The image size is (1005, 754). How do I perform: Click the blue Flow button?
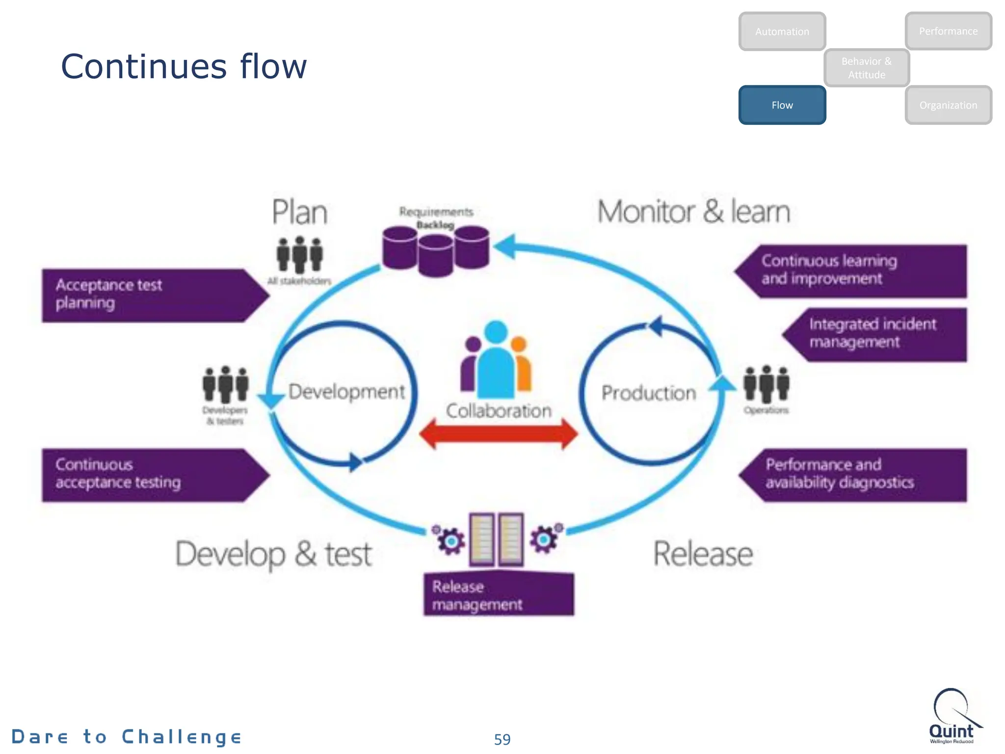tap(782, 105)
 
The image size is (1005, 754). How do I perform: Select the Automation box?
tap(782, 31)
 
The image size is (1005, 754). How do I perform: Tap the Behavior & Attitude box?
tap(866, 68)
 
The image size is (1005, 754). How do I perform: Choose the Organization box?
tap(948, 105)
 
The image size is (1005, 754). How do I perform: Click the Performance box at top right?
tap(948, 31)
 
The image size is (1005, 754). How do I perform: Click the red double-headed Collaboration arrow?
tap(499, 434)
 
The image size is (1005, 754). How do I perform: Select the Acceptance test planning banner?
tap(147, 295)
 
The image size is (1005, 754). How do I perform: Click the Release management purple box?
tap(499, 594)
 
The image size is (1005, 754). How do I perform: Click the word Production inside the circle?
tap(648, 393)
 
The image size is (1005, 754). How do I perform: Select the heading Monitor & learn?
tap(693, 212)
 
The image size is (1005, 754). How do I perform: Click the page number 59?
tap(502, 739)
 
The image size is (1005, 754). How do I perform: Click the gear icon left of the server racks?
tap(450, 540)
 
